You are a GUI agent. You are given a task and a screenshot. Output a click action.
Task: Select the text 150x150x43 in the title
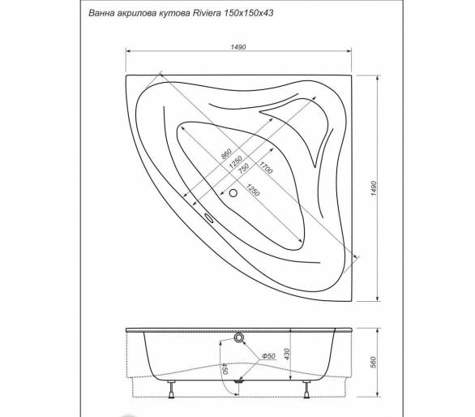[x=248, y=13]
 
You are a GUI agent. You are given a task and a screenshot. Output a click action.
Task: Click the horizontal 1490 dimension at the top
[x=238, y=47]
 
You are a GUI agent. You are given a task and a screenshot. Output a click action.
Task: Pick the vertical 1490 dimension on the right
[x=374, y=188]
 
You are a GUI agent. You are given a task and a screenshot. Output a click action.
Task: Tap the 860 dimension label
[x=226, y=154]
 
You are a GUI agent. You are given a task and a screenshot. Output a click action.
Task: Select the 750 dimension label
[x=243, y=168]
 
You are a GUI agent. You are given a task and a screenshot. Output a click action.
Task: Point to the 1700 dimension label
[x=265, y=167]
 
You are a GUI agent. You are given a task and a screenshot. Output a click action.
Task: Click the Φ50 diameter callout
[x=268, y=355]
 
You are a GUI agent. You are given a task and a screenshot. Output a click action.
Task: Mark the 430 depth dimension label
[x=287, y=355]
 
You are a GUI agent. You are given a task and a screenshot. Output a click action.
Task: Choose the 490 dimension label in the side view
[x=226, y=369]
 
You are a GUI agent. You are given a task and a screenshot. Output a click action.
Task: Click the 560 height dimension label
[x=373, y=363]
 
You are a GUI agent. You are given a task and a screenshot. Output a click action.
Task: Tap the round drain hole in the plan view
[x=233, y=193]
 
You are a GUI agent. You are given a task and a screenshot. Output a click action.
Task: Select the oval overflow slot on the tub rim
[x=208, y=218]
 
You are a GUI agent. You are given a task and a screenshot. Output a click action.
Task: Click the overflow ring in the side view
[x=238, y=337]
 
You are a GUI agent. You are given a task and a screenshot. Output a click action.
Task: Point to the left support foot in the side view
[x=172, y=389]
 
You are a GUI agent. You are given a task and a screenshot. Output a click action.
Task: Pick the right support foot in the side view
[x=306, y=389]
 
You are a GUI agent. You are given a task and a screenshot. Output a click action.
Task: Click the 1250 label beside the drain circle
[x=252, y=190]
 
